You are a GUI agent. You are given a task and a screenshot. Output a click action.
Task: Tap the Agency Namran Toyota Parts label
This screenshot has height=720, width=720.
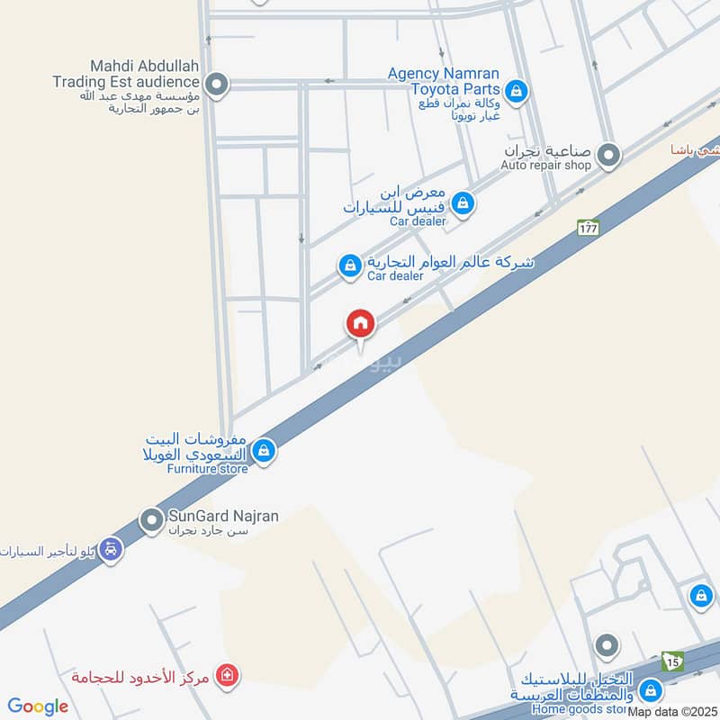[x=444, y=81]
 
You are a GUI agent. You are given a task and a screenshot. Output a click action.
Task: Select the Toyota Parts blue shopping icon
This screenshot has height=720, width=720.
[x=516, y=90]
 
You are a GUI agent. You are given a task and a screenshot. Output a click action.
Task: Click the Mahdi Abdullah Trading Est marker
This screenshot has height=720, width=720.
[x=215, y=85]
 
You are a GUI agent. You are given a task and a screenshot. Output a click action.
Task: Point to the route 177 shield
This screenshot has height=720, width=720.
[x=589, y=228]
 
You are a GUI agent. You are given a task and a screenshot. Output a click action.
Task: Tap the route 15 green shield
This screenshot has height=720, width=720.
[x=672, y=661]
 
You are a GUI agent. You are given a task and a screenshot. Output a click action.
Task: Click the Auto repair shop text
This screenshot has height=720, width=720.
[x=546, y=166]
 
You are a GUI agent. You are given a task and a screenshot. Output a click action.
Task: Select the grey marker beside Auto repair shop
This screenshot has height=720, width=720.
[x=609, y=156]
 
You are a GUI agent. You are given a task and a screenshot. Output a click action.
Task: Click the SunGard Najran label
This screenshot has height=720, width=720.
[x=223, y=517]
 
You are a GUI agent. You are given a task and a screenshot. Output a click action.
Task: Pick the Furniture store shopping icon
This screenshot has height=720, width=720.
[x=264, y=451]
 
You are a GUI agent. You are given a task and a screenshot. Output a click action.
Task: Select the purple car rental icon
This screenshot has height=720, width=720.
[x=110, y=548]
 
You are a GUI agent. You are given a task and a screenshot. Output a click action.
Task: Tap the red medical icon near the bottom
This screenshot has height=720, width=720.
[x=227, y=674]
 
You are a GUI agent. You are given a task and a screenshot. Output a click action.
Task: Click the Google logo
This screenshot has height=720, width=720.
[x=38, y=706]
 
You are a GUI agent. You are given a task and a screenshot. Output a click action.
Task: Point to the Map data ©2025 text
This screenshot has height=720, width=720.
[x=672, y=712]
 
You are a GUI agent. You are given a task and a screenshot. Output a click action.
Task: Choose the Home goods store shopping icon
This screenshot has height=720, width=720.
[x=652, y=690]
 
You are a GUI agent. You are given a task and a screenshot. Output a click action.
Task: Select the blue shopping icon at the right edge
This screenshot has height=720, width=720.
[x=700, y=595]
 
